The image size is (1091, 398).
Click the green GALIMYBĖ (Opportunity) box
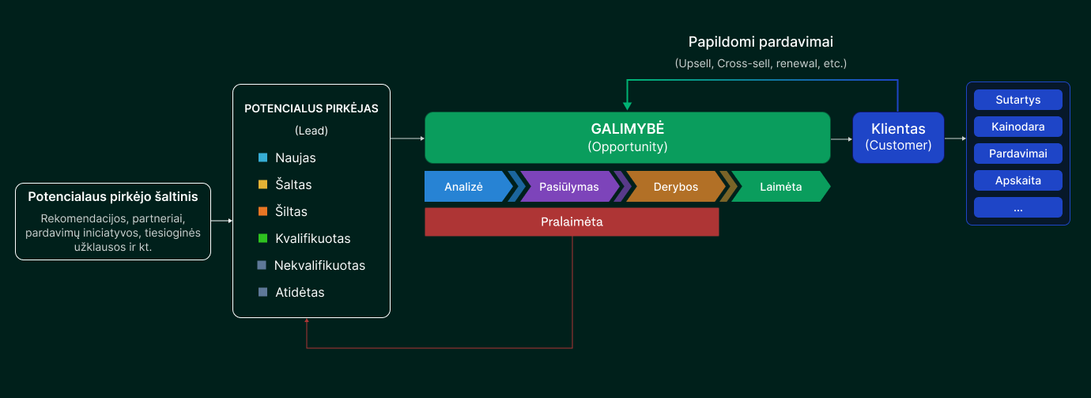click(x=628, y=138)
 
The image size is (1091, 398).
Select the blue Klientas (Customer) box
click(x=898, y=138)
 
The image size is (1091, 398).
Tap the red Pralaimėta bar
click(x=572, y=222)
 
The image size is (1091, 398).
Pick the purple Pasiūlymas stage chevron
click(x=568, y=187)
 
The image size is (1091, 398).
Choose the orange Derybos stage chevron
click(x=674, y=187)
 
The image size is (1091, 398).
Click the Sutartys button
click(x=1017, y=100)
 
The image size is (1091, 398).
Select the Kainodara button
click(x=1017, y=127)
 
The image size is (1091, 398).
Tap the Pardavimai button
click(x=1017, y=154)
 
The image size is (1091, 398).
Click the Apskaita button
click(x=1017, y=180)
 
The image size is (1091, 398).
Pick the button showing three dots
click(x=1017, y=207)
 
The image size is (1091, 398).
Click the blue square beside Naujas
click(x=262, y=157)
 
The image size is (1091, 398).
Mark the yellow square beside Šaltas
click(x=262, y=184)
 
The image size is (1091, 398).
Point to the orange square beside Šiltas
click(x=262, y=211)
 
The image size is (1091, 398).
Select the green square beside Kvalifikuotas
click(x=262, y=238)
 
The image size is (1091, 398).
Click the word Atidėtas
click(x=300, y=292)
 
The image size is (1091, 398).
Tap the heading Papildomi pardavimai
click(x=761, y=42)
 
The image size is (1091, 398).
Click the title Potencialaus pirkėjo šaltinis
click(x=113, y=196)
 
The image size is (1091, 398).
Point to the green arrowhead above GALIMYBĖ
click(x=627, y=106)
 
